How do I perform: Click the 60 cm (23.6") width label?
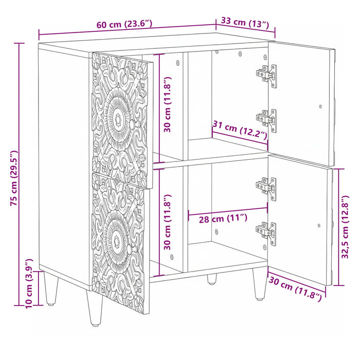click(124, 24)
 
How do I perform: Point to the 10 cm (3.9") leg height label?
click(29, 284)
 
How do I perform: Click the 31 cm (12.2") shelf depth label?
click(240, 130)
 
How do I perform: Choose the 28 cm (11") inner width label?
click(223, 219)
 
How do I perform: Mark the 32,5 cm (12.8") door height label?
click(345, 227)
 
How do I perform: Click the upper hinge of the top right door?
click(266, 76)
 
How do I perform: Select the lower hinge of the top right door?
click(266, 120)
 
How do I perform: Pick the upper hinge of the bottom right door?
click(266, 189)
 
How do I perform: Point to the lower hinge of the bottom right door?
click(266, 233)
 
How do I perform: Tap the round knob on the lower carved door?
click(131, 250)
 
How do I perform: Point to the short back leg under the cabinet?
click(212, 279)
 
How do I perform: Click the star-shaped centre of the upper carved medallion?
click(118, 119)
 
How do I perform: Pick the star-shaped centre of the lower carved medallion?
click(117, 240)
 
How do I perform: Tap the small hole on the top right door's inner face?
click(320, 106)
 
